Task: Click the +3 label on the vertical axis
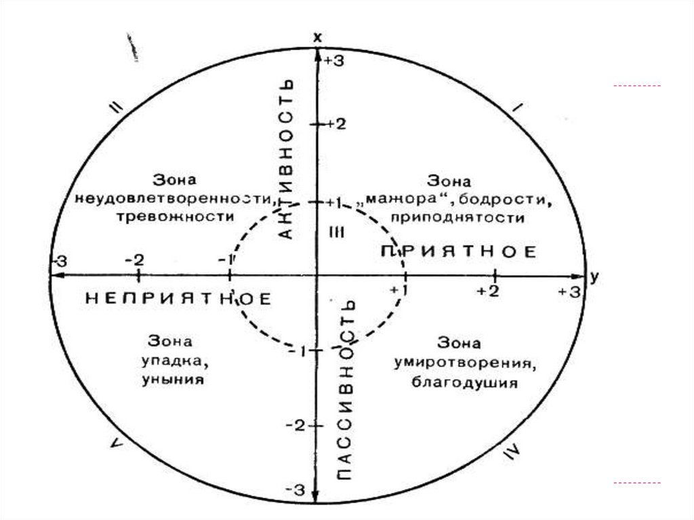pos(335,61)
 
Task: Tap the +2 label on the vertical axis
pos(336,125)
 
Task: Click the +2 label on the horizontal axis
pos(488,291)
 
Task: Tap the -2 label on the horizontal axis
pos(134,260)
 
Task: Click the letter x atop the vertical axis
pos(317,38)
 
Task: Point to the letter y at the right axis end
pos(594,276)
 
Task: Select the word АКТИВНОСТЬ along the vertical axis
pos(287,157)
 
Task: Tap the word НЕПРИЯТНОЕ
pos(178,299)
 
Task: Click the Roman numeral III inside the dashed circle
pos(337,233)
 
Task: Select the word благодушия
pos(464,382)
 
